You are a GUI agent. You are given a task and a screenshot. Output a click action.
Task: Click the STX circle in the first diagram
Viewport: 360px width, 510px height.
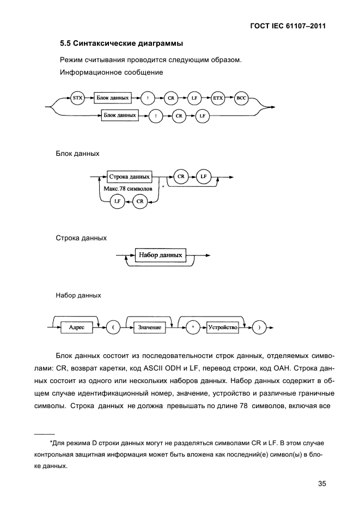click(77, 99)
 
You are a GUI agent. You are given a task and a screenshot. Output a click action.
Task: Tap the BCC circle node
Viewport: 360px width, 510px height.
click(241, 99)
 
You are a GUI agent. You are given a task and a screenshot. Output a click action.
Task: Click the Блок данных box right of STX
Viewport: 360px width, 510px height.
click(112, 99)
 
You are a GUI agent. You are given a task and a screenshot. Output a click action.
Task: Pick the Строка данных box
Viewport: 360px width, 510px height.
click(129, 177)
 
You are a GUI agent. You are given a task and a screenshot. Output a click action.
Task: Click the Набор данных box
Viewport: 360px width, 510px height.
click(160, 255)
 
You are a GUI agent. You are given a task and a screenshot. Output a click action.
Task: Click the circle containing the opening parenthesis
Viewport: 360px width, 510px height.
click(113, 327)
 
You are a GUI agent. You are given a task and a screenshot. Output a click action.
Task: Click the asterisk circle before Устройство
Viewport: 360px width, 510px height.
click(193, 327)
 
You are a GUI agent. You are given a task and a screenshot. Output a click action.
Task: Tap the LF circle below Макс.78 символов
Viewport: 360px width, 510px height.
click(115, 202)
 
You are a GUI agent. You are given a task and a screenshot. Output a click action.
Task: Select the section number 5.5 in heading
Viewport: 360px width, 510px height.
click(65, 43)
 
